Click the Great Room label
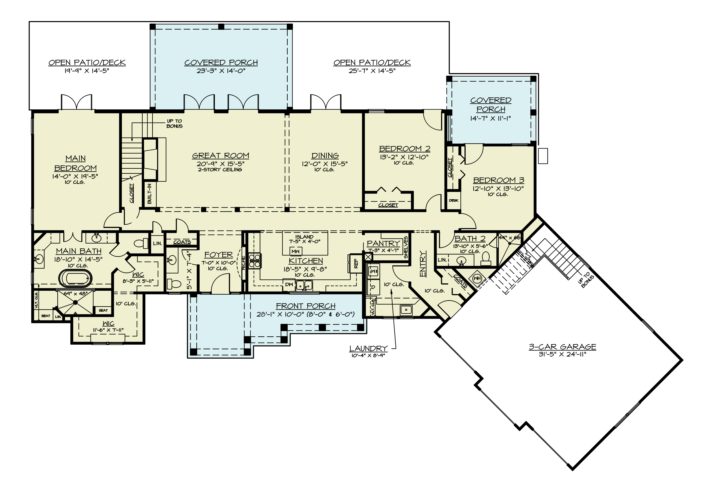pos(220,155)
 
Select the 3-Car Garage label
pos(562,347)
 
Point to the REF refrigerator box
pos(356,263)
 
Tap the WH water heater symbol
pos(477,278)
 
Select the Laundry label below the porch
pos(368,349)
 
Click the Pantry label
pos(383,243)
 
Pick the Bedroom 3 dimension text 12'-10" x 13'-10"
pos(498,188)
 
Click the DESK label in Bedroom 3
pos(453,200)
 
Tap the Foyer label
pos(218,255)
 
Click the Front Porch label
pos(305,306)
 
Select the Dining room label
pos(325,155)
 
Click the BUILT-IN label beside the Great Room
pos(149,194)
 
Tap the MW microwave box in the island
pos(295,251)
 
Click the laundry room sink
pos(406,310)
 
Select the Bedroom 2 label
pos(405,149)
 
